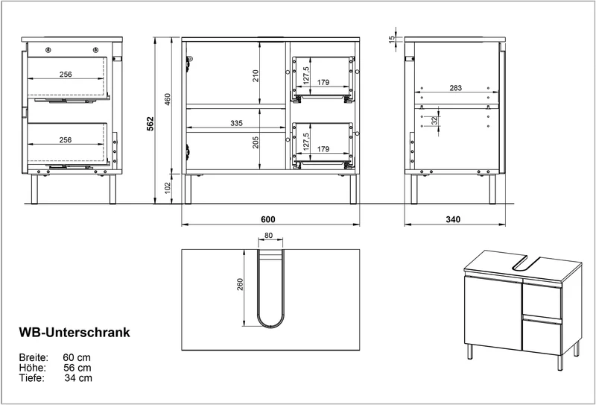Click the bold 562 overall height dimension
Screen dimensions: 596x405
pos(151,123)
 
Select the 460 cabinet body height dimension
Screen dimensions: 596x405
pos(168,99)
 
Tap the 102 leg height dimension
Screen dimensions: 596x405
pos(168,187)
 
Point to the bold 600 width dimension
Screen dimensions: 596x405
pos(268,219)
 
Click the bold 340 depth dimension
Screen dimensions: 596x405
pos(453,219)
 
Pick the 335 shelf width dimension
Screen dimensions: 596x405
pos(236,123)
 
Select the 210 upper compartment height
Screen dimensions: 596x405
pos(256,76)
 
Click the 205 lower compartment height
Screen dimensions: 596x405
pos(256,142)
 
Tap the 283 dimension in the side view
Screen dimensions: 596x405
pos(455,88)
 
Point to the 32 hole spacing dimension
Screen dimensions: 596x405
pos(434,121)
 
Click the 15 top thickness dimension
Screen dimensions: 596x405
pos(392,39)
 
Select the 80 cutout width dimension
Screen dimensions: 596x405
pos(268,235)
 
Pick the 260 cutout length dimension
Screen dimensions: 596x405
pos(239,284)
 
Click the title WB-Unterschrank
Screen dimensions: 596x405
pos(74,333)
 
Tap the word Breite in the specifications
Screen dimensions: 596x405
pos(34,358)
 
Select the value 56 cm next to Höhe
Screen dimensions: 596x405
pos(77,368)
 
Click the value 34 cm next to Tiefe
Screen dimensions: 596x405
pos(78,378)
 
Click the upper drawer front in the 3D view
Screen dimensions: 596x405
pos(542,301)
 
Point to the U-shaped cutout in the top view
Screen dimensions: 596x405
pos(270,327)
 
